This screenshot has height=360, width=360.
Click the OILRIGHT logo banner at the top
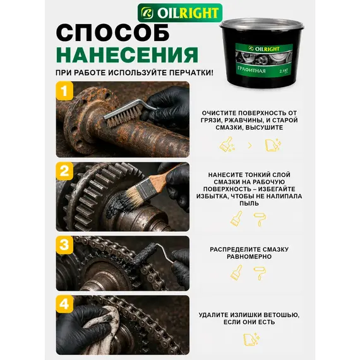coord(180,13)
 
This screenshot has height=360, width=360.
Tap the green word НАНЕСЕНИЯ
coord(127,55)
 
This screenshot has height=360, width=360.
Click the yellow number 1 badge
coord(65,91)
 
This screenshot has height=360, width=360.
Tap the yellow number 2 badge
coord(65,171)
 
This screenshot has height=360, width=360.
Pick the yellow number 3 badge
coord(65,245)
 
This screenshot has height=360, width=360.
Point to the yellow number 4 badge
coord(65,304)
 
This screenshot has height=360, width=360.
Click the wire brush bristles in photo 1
coord(122,117)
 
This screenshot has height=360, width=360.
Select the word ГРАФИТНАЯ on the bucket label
coord(251,69)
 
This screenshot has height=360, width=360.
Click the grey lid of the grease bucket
coord(261,23)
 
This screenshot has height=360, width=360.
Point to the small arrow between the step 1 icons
coord(250,145)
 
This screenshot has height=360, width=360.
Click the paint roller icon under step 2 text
coord(260,219)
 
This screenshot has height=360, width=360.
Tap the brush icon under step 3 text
coord(236,272)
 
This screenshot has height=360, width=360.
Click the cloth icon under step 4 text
coord(251,339)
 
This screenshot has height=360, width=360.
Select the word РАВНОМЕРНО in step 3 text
coord(249,256)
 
